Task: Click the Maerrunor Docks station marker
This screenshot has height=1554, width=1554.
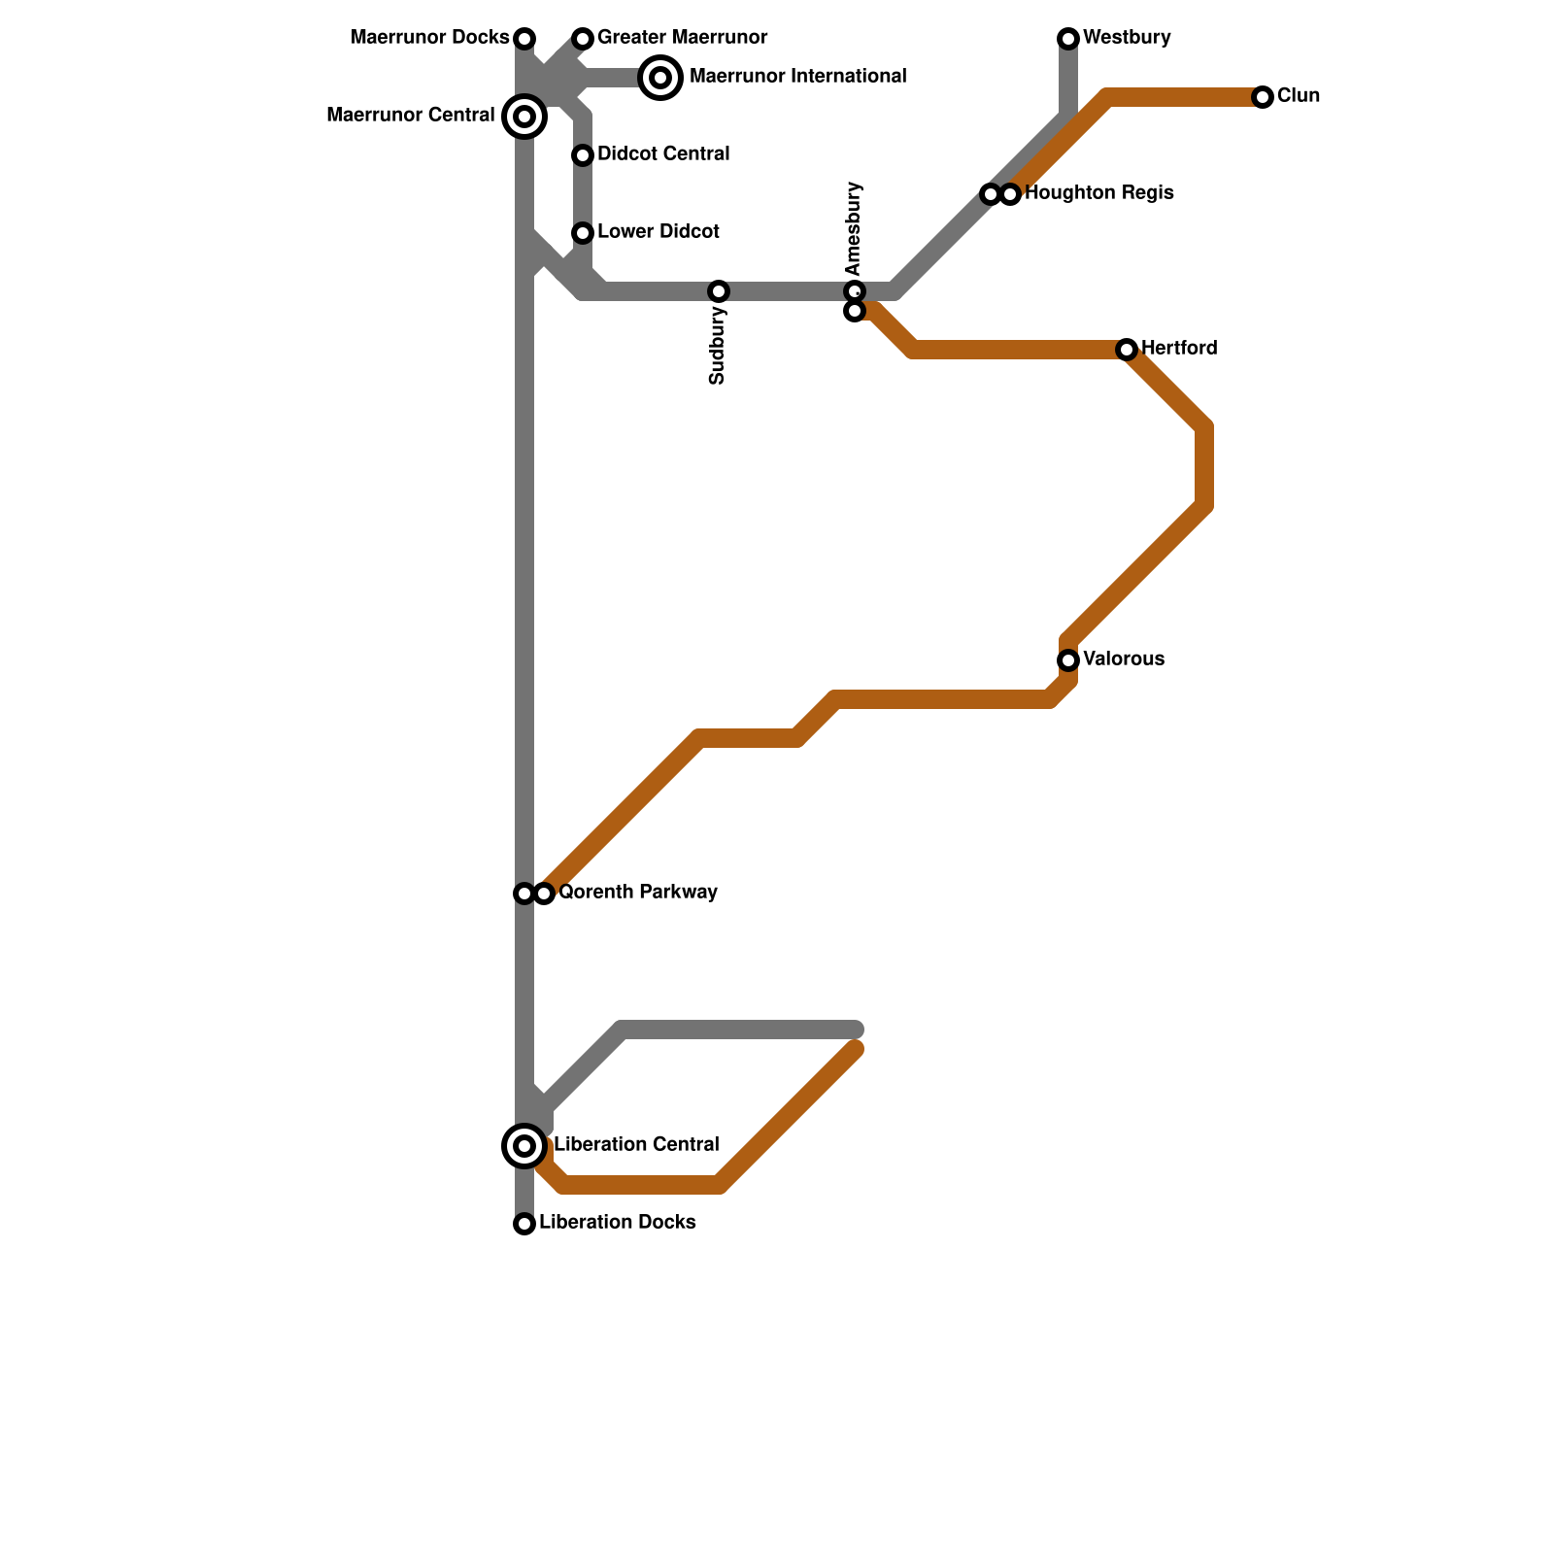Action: click(x=524, y=39)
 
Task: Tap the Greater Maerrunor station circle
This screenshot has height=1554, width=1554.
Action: click(x=583, y=39)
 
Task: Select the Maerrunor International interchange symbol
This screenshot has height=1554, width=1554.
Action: click(x=660, y=78)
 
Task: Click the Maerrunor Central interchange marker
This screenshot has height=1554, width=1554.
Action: click(x=524, y=117)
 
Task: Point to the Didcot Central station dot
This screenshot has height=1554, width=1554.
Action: click(x=583, y=155)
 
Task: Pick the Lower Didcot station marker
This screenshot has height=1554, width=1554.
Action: click(x=583, y=233)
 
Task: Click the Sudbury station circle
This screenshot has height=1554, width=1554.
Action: click(x=719, y=291)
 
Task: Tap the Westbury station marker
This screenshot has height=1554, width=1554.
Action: click(x=1068, y=39)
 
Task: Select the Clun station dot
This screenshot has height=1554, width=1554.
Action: click(x=1263, y=97)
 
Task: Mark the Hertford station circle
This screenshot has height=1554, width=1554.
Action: click(x=1127, y=350)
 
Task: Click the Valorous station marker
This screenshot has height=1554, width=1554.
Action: click(x=1068, y=660)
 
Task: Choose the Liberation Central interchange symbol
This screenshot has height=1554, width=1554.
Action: click(x=524, y=1146)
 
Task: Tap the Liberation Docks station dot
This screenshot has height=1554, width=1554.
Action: click(x=524, y=1224)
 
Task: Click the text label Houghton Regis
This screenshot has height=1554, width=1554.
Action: click(x=1098, y=193)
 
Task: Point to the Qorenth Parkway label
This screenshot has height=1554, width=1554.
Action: click(x=637, y=893)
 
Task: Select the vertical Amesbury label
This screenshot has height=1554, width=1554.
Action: click(x=854, y=228)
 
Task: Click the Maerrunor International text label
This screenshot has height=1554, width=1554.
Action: click(x=797, y=77)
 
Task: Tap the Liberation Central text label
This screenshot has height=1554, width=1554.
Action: click(x=636, y=1145)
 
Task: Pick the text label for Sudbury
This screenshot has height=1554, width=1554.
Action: click(x=718, y=346)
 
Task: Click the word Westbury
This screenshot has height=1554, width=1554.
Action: click(x=1127, y=38)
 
